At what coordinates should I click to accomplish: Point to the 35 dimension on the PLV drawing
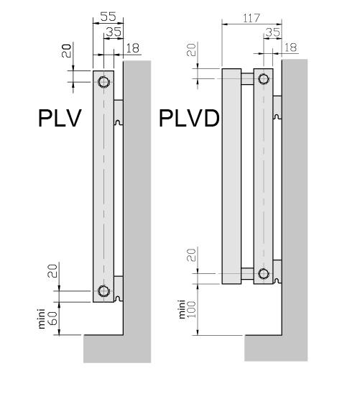[x=114, y=32]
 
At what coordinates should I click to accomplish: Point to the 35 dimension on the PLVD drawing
[x=272, y=32]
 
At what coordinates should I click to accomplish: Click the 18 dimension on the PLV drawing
[x=132, y=47]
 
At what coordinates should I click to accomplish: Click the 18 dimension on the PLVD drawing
[x=290, y=47]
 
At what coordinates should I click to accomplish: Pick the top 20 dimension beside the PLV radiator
[x=66, y=51]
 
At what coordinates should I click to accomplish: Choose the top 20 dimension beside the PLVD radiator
[x=191, y=51]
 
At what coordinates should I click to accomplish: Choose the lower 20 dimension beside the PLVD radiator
[x=191, y=255]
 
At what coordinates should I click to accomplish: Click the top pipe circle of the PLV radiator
[x=104, y=81]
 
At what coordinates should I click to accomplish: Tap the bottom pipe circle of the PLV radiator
[x=104, y=291]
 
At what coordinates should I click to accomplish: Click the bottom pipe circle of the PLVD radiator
[x=263, y=273]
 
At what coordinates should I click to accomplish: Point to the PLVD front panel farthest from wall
[x=231, y=176]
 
